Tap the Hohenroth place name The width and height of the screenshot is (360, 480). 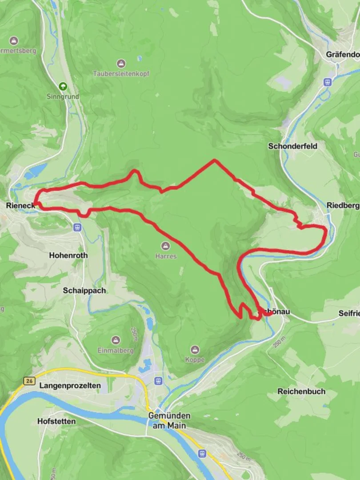point(68,256)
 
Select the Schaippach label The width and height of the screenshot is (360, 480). point(84,290)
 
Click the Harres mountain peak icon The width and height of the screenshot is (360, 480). point(166,246)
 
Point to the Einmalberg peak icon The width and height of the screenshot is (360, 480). point(116,340)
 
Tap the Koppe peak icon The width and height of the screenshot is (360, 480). point(195,350)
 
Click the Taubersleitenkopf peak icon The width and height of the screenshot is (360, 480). point(121,64)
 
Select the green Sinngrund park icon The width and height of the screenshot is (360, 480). point(63,86)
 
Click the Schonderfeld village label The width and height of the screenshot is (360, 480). point(292,146)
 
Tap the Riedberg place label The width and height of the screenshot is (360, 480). point(343,206)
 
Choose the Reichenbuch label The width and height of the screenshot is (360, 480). point(301,392)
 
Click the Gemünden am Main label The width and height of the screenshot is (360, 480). point(169,420)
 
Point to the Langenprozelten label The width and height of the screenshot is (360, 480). point(70,385)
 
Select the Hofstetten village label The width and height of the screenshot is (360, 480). point(56,421)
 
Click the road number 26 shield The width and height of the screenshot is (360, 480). point(29,381)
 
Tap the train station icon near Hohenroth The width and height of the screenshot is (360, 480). point(78,228)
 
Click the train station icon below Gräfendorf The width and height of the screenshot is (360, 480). point(328,82)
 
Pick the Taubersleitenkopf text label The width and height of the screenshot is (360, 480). point(121,74)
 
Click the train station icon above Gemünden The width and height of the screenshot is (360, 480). point(158,381)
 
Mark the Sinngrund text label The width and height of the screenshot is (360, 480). point(63,96)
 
